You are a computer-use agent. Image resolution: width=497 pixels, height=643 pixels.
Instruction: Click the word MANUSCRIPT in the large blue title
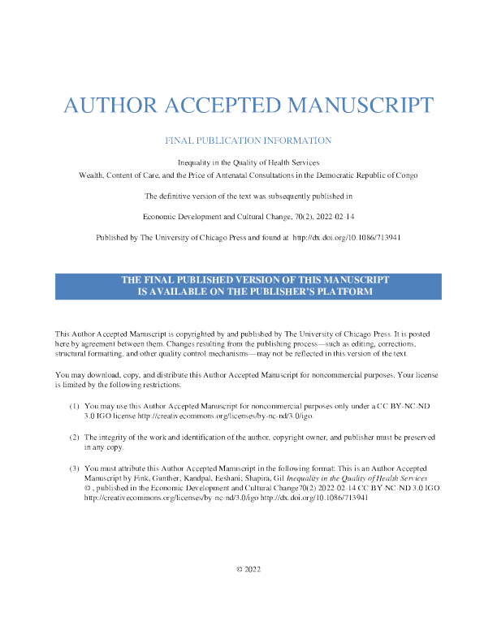[361, 105]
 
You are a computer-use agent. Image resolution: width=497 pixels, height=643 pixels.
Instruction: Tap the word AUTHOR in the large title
[110, 105]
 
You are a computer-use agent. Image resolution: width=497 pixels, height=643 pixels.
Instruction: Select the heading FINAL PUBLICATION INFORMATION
[248, 140]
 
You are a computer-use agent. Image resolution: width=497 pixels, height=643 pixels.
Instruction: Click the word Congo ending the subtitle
[407, 175]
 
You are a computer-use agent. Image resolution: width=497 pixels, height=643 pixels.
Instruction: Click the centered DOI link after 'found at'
[347, 237]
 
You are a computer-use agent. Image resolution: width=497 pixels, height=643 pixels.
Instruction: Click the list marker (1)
[74, 406]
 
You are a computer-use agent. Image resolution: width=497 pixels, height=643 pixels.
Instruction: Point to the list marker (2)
[74, 437]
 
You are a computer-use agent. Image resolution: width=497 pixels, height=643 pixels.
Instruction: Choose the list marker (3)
[74, 468]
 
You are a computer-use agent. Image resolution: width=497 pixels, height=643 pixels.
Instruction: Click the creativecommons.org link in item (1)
[226, 416]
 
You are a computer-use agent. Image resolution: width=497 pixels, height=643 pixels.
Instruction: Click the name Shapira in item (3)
[257, 478]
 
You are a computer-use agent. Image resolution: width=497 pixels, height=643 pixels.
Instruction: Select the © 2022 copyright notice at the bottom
[248, 569]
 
